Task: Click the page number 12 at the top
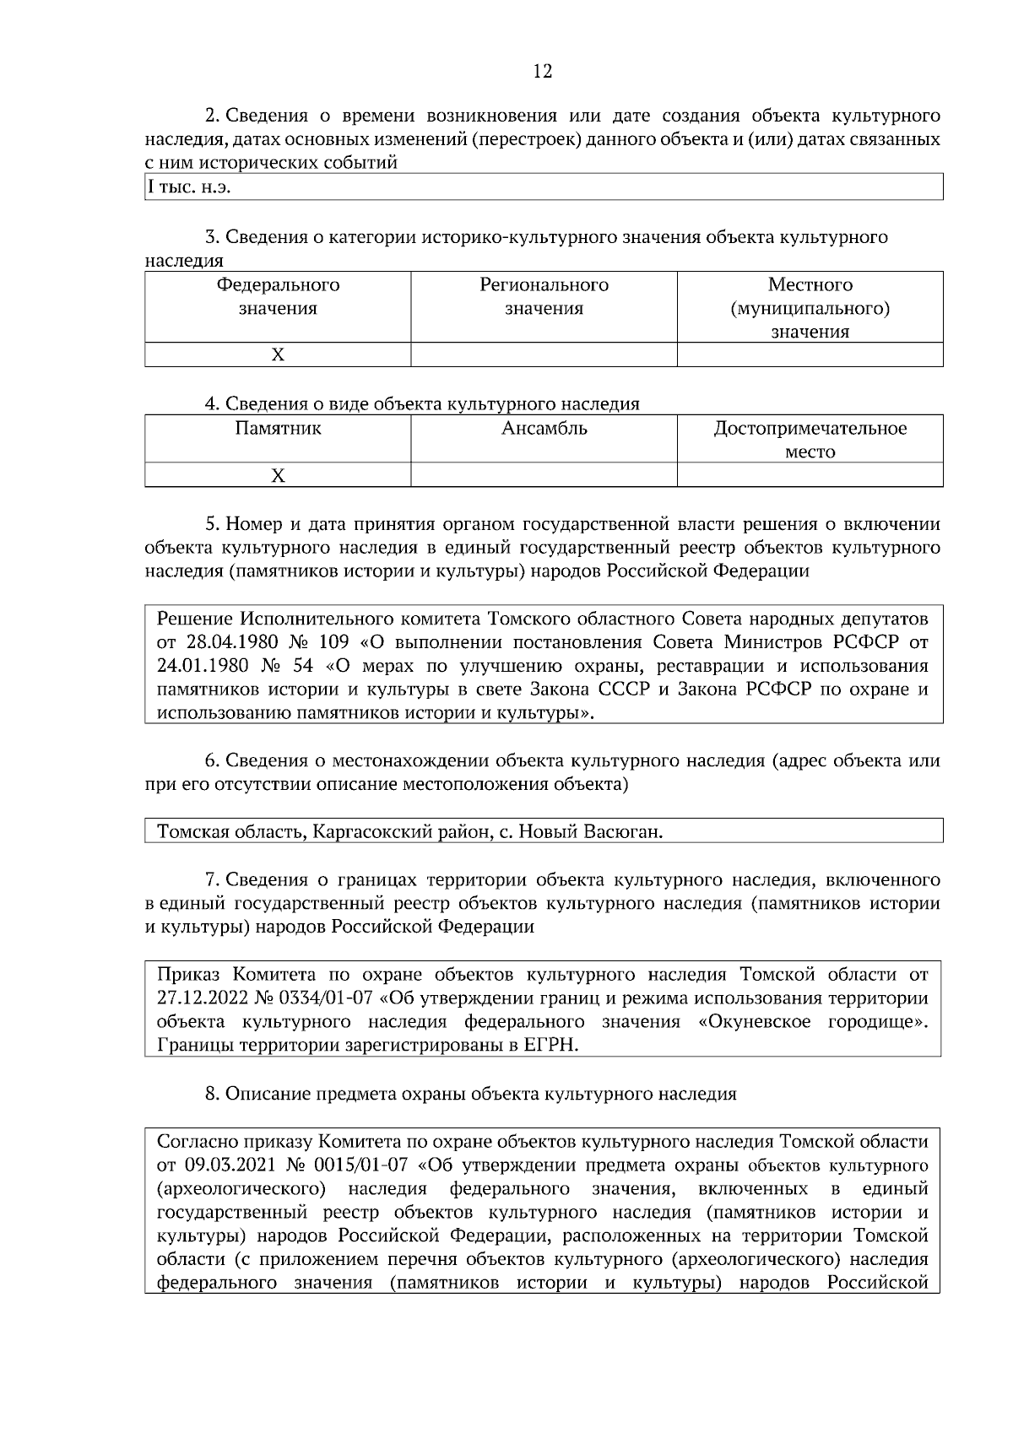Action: click(543, 72)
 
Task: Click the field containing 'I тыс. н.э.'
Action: click(544, 187)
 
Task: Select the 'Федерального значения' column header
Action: click(278, 297)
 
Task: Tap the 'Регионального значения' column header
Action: click(544, 297)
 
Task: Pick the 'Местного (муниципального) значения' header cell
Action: click(810, 308)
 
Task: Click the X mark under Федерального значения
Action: click(278, 355)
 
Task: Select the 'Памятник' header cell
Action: click(278, 429)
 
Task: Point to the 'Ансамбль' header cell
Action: click(544, 429)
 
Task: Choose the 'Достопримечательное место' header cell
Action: click(810, 440)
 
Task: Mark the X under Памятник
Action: click(278, 476)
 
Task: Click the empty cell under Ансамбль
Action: click(544, 476)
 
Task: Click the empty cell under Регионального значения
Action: click(544, 355)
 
